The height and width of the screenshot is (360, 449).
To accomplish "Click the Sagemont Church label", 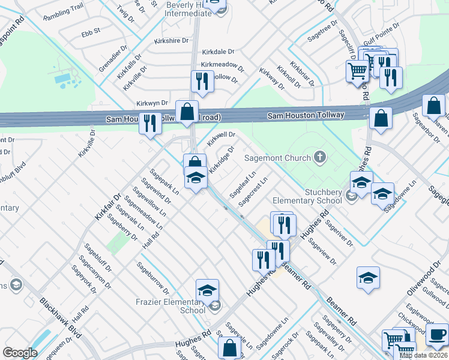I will (x=277, y=158).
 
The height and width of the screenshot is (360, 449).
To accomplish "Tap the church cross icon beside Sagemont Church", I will (x=320, y=158).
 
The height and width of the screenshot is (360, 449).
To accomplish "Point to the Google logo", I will (x=20, y=352).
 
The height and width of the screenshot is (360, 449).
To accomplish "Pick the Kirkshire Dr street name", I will (x=170, y=41).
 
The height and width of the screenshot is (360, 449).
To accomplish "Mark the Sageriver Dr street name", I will (x=339, y=231).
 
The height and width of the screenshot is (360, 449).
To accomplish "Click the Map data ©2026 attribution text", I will (x=423, y=355).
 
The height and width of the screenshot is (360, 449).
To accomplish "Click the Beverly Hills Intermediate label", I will (x=188, y=8).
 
